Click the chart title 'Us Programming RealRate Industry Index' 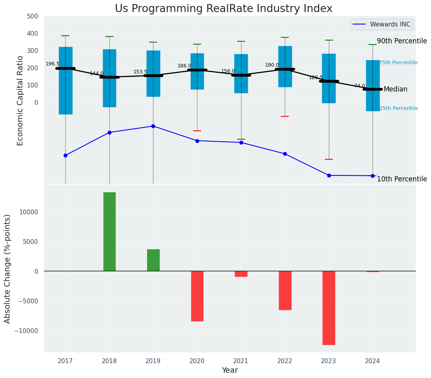coord(224,9)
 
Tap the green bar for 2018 coord(109,232)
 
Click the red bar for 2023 coord(329,308)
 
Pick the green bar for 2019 coord(153,260)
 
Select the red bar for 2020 coord(197,296)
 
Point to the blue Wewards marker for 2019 coord(153,126)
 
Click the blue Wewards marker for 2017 coord(65,155)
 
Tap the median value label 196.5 coord(52,64)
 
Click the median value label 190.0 coord(272,65)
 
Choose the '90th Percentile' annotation coord(402,41)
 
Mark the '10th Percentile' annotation coord(402,179)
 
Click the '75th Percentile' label coord(398,63)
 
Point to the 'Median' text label coord(395,89)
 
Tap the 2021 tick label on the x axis coord(241,361)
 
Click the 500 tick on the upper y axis coord(32,16)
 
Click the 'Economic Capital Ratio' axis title coord(20,100)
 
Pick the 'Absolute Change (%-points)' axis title coord(8,268)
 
